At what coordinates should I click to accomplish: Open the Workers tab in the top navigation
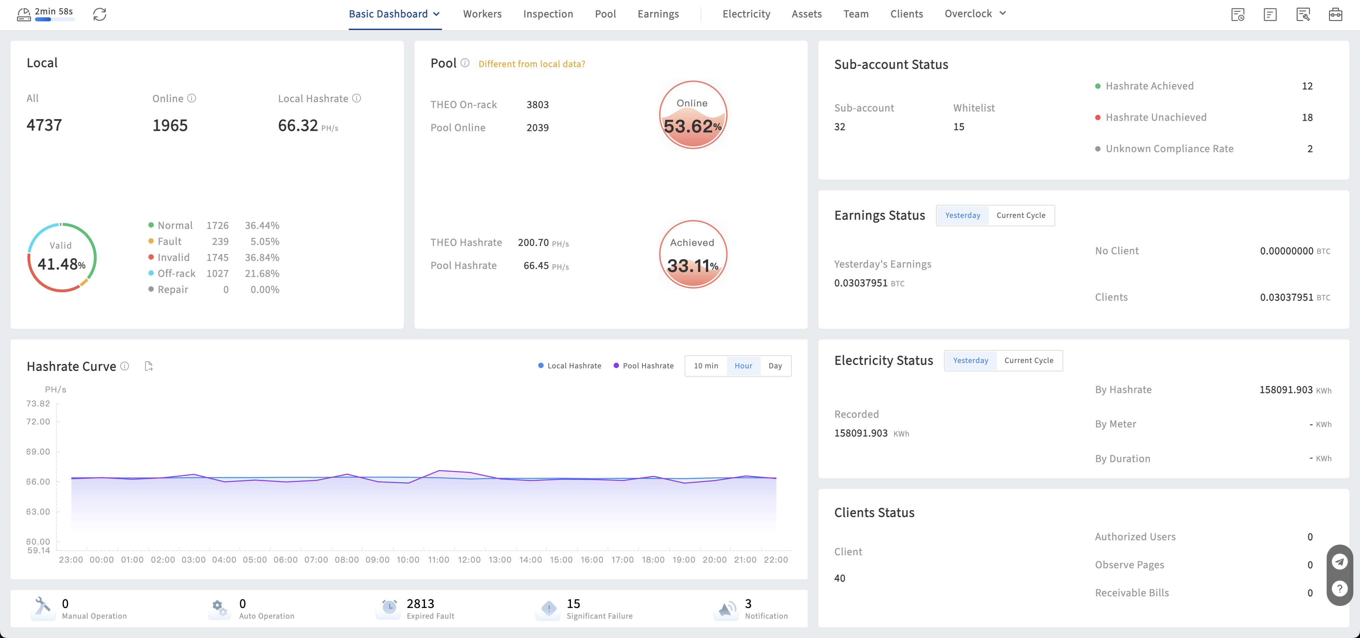click(482, 14)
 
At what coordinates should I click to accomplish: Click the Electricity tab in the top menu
click(746, 14)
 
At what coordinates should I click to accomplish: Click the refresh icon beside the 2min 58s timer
click(100, 14)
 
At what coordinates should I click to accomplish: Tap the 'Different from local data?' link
click(532, 64)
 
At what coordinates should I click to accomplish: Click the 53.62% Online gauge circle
click(693, 114)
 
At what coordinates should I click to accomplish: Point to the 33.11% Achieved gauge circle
click(693, 254)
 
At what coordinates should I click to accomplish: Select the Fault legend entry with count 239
click(188, 241)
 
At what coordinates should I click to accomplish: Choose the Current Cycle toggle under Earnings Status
click(1021, 216)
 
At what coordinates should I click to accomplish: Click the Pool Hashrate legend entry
click(644, 365)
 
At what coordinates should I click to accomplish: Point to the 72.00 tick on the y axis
click(38, 421)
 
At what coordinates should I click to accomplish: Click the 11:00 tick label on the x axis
click(439, 560)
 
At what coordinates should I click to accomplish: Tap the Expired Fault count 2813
click(420, 604)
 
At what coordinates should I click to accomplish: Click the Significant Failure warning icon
click(549, 608)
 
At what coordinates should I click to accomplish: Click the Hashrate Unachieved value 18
click(1307, 117)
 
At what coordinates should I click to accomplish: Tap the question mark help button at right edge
click(1339, 588)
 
